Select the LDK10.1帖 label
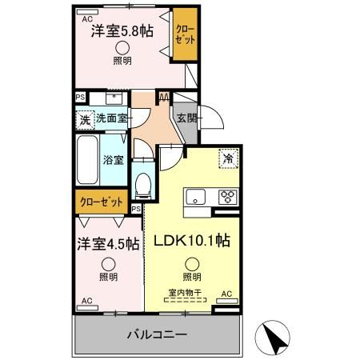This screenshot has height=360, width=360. click(x=192, y=239)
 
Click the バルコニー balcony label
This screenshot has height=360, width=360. click(x=157, y=334)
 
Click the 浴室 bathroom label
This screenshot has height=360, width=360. click(x=114, y=159)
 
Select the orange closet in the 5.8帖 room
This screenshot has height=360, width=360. click(x=185, y=36)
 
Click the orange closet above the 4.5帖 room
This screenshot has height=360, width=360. click(x=102, y=203)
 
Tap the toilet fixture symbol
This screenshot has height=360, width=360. click(x=143, y=185)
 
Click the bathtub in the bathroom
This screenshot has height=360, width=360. click(x=86, y=160)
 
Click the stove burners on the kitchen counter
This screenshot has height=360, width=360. click(x=226, y=195)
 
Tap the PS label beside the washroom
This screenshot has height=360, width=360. click(x=79, y=98)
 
